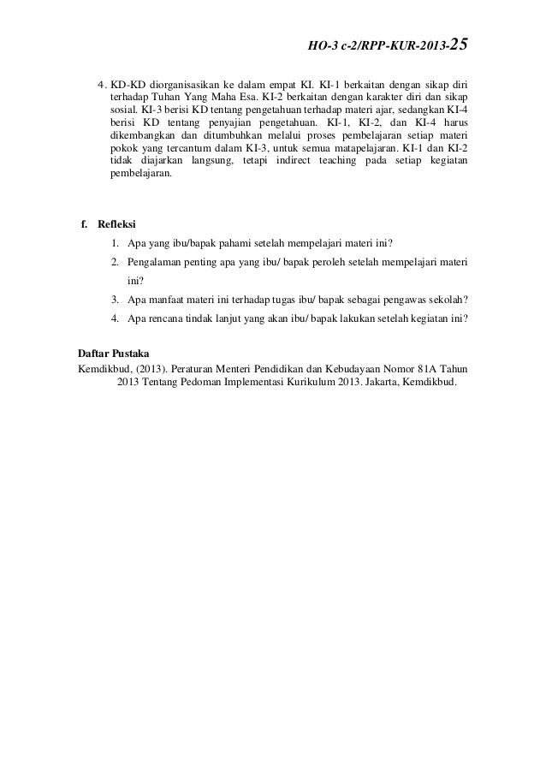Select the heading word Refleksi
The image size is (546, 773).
117,224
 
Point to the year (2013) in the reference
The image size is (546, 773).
151,368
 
